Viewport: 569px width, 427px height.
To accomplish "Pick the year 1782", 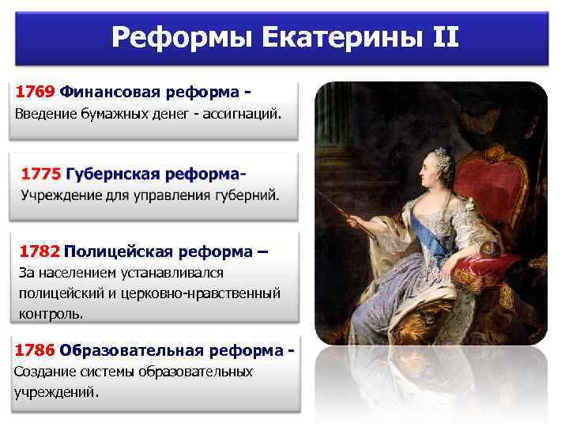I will [40, 252].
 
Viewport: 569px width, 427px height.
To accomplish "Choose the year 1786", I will [35, 350].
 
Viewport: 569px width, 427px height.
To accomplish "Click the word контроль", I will [50, 313].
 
